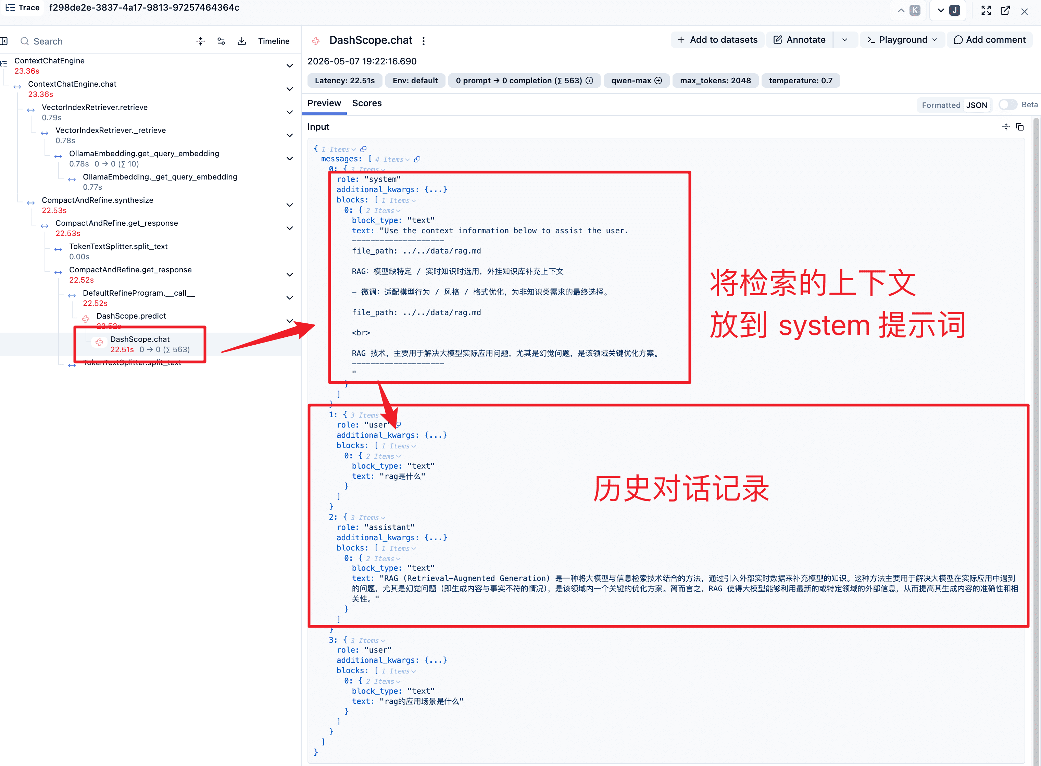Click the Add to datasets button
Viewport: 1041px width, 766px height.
[717, 40]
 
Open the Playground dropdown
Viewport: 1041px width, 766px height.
[902, 40]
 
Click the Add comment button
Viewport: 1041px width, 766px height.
[990, 40]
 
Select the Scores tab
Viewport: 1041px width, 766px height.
[367, 103]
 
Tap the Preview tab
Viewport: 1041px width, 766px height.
[324, 103]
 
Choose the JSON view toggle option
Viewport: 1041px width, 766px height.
[977, 105]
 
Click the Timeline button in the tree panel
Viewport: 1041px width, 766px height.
[274, 41]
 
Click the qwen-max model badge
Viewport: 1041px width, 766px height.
[636, 81]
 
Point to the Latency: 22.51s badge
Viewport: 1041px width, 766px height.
[344, 81]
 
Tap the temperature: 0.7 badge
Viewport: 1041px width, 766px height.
[801, 81]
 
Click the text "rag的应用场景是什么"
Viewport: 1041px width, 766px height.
[421, 702]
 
